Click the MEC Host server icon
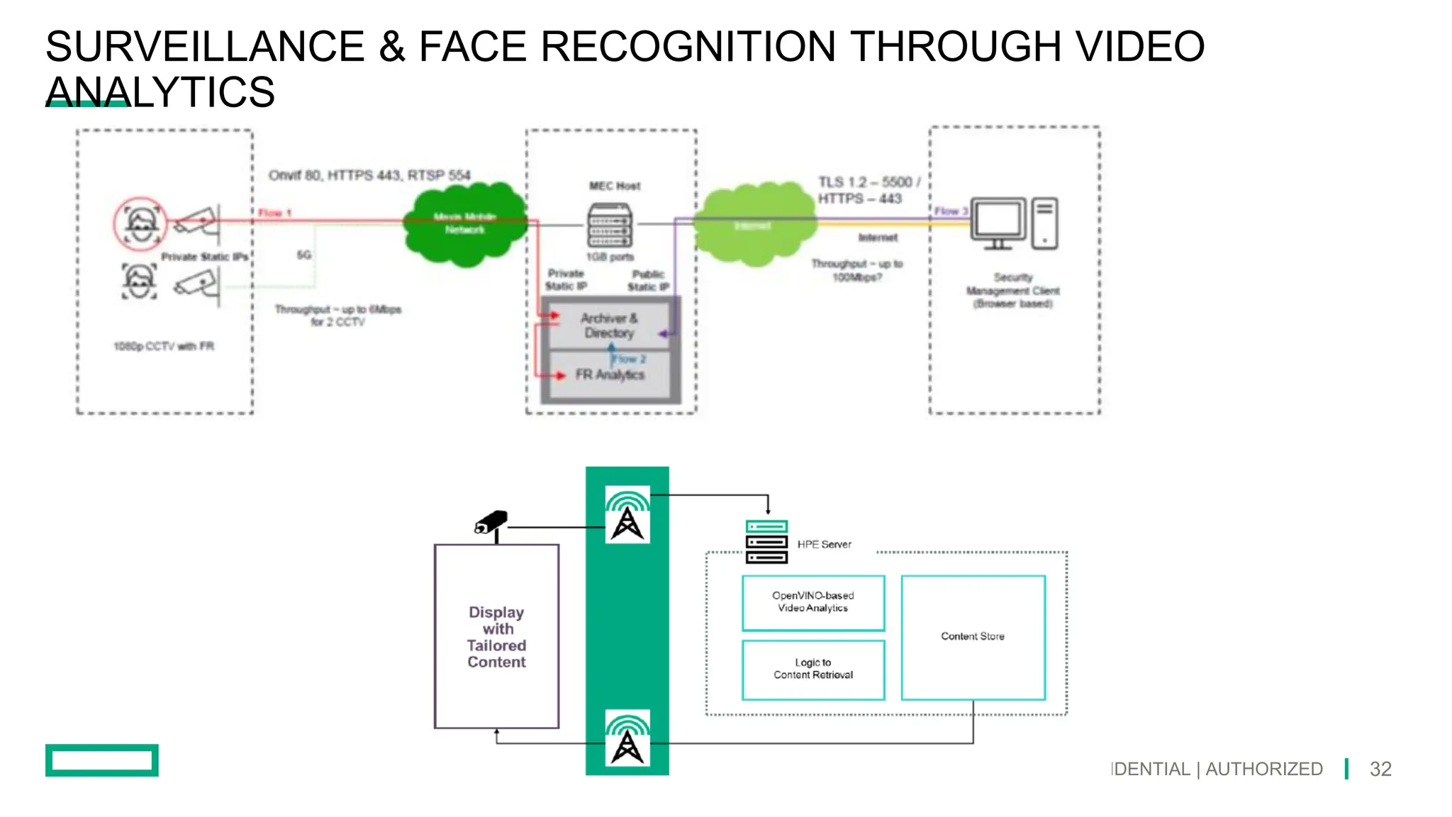[x=610, y=225]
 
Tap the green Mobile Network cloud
[x=464, y=223]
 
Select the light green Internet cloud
[x=754, y=225]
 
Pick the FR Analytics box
[x=610, y=374]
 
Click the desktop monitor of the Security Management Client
[x=998, y=222]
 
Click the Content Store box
[x=973, y=637]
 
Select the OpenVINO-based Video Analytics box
[x=813, y=602]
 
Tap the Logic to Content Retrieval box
[x=813, y=669]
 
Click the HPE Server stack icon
[x=766, y=542]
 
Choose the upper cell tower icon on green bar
[x=627, y=515]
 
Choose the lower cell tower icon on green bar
[x=627, y=738]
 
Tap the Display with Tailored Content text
[x=496, y=637]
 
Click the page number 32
[x=1380, y=769]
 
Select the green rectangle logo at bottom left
[x=102, y=760]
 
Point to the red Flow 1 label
[x=274, y=213]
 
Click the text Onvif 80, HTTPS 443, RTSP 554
[x=369, y=175]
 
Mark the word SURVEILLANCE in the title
[x=205, y=47]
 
